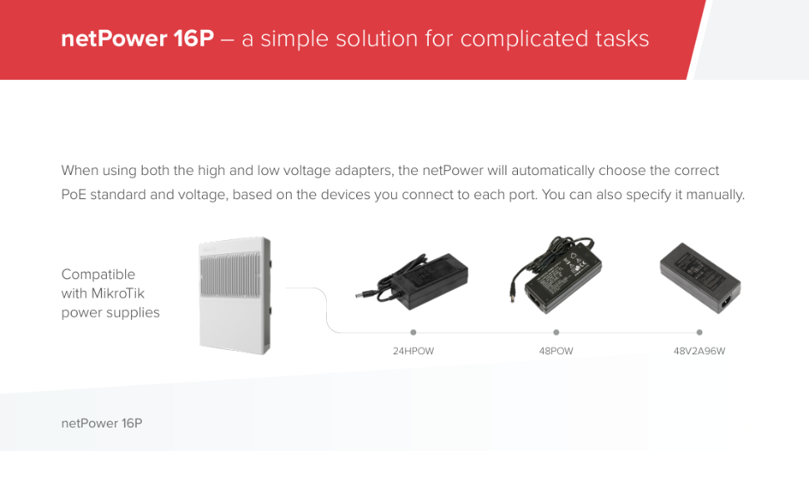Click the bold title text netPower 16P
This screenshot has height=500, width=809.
[x=138, y=38]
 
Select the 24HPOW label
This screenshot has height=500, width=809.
[x=414, y=351]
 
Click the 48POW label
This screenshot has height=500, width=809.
[x=556, y=351]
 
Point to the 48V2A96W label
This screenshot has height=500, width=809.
[x=699, y=351]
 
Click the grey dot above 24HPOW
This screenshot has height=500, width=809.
[x=414, y=332]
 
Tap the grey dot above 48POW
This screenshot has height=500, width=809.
[x=556, y=332]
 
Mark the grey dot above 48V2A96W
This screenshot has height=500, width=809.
[x=700, y=332]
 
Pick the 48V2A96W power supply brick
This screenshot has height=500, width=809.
[x=700, y=277]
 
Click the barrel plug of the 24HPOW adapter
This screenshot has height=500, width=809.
[x=365, y=295]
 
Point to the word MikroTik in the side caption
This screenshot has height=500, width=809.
[x=118, y=293]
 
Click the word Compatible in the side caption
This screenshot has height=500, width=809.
[x=98, y=275]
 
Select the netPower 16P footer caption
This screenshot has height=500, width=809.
[x=102, y=423]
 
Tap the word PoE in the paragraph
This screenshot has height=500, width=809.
[x=73, y=195]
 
